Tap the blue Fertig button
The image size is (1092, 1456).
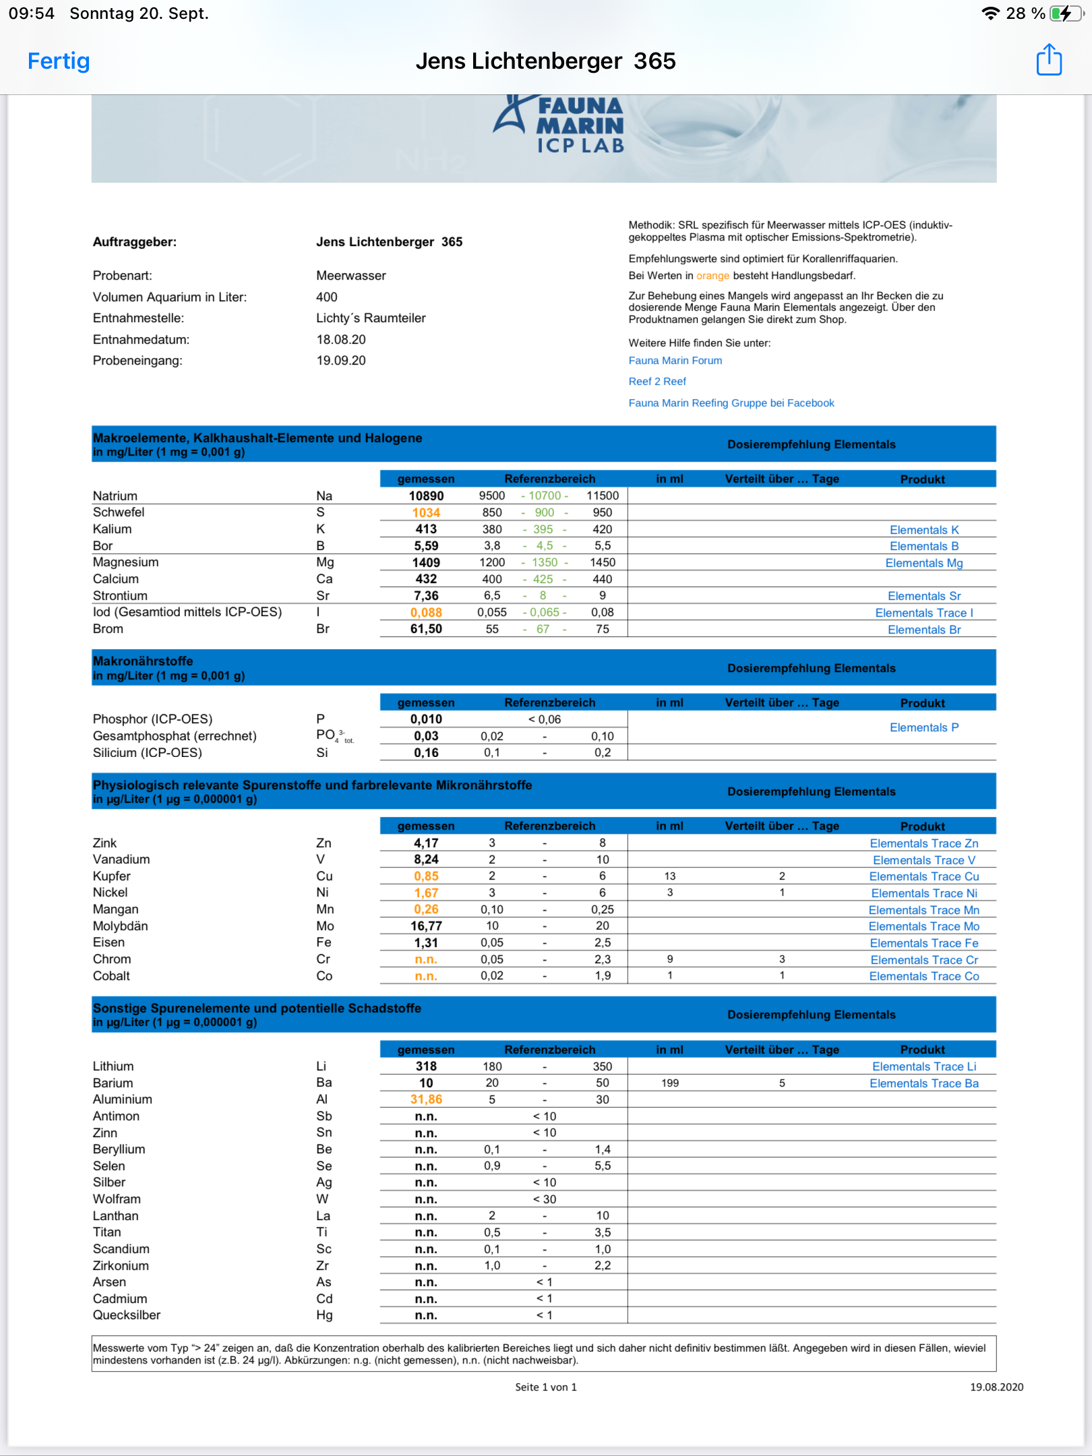coord(59,61)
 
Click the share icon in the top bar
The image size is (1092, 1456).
coord(1049,60)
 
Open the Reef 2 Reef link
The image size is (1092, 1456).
coord(657,382)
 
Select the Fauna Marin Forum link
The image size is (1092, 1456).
coord(675,361)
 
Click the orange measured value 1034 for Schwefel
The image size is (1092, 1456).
coord(426,513)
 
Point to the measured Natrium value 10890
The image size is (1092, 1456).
coord(426,496)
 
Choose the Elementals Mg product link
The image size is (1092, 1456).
coord(923,563)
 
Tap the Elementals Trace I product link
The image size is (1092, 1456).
coord(923,613)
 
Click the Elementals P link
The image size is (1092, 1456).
coord(923,727)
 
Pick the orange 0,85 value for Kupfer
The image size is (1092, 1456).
coord(426,876)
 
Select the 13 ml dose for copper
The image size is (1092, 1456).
coord(669,876)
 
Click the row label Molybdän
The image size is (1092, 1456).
coord(121,926)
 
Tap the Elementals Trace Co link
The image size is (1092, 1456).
coord(923,976)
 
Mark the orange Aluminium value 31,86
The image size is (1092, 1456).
coord(426,1099)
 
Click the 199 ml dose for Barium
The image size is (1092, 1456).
coord(669,1083)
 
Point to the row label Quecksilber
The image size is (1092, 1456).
coord(127,1315)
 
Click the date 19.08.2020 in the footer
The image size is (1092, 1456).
coord(996,1387)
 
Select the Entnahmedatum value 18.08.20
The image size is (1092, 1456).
coord(341,340)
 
